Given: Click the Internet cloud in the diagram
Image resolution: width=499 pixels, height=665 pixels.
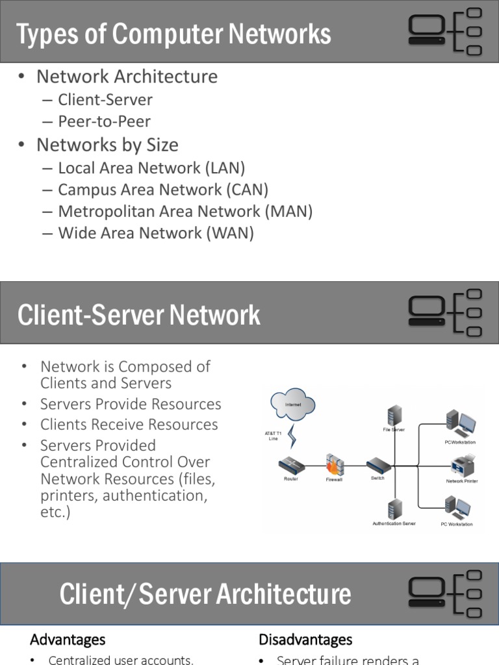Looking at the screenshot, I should [x=293, y=406].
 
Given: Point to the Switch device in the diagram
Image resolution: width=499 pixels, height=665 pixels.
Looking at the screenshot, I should [x=377, y=466].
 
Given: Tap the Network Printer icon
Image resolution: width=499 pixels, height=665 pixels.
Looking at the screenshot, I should [x=462, y=466].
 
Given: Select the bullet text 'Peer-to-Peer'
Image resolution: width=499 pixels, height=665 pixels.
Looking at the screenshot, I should [x=104, y=121].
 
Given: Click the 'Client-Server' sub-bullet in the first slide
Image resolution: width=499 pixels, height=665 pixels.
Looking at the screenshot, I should [x=105, y=100].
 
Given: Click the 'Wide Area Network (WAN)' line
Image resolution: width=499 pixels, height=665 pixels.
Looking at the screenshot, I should [x=156, y=233].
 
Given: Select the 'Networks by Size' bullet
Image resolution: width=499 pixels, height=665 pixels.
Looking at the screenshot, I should [x=107, y=145].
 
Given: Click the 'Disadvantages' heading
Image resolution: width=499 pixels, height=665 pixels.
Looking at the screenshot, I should [x=305, y=640].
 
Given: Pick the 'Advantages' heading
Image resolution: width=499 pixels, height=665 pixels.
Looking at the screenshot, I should [x=68, y=640].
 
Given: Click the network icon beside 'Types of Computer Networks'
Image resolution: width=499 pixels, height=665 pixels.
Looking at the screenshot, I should [x=445, y=31].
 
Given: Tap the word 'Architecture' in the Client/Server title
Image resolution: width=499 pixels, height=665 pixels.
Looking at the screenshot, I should [x=284, y=594].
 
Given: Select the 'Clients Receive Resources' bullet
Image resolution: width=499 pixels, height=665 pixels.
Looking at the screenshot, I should [x=129, y=425].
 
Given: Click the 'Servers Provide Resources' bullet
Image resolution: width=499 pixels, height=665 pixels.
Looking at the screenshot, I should [x=131, y=404].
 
